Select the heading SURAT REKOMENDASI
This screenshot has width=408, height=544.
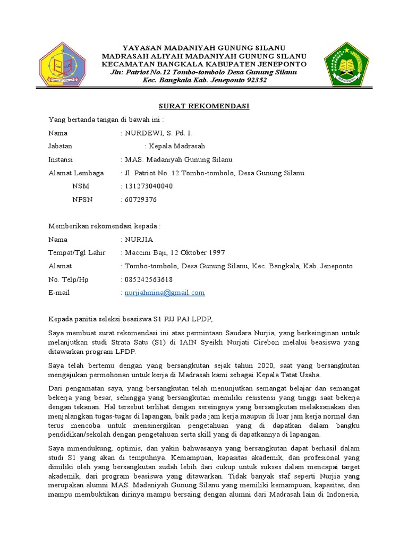(x=205, y=106)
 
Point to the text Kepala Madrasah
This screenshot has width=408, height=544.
(x=177, y=146)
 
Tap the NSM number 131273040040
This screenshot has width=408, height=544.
(x=149, y=186)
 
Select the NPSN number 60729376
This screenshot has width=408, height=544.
(x=141, y=200)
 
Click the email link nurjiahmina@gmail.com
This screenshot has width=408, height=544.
(x=164, y=293)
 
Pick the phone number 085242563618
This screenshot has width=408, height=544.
(x=149, y=279)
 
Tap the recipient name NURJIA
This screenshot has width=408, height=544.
(x=138, y=240)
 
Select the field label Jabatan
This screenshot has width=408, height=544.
(x=61, y=146)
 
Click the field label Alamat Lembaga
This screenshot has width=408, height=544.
(x=76, y=173)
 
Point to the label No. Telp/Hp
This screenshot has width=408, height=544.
(x=69, y=279)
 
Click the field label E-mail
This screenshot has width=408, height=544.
(x=59, y=293)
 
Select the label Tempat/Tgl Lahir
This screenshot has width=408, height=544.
(x=76, y=253)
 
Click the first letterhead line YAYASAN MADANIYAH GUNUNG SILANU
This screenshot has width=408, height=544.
(x=204, y=48)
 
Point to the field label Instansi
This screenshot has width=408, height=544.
(x=61, y=159)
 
